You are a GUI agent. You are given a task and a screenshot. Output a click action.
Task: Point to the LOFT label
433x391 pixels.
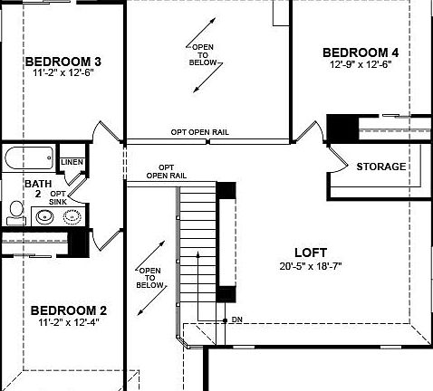click(x=311, y=253)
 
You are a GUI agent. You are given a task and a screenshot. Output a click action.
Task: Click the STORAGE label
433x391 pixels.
click(x=380, y=167)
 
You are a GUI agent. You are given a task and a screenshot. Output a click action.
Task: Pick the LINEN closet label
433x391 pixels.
click(x=72, y=163)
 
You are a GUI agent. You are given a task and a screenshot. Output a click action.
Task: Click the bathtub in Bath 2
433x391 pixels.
click(x=30, y=159)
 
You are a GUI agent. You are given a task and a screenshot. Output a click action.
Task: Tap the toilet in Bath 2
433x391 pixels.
click(x=15, y=212)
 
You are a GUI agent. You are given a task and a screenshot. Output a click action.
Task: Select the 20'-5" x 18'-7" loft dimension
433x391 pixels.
click(x=311, y=266)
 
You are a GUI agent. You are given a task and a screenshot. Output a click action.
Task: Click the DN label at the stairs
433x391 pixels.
click(x=236, y=319)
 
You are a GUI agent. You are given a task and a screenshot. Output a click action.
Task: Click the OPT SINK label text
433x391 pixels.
click(x=57, y=197)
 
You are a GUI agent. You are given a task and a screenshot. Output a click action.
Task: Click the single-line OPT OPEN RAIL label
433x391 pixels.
click(x=199, y=132)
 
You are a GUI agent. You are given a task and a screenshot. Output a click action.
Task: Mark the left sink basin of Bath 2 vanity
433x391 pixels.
click(x=44, y=217)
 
